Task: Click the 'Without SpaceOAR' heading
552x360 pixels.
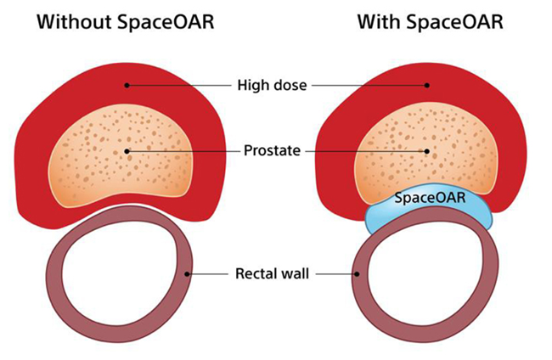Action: click(126, 21)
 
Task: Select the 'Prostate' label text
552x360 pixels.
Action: click(275, 152)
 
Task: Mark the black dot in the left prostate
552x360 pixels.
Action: click(127, 152)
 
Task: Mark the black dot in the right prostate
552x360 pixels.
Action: click(428, 152)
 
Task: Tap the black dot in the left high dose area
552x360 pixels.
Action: click(126, 85)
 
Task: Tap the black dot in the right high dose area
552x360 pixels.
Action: click(428, 85)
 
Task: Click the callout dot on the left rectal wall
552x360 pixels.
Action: click(189, 274)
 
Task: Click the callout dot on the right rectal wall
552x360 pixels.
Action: click(358, 274)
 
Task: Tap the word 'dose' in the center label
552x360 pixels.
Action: click(293, 85)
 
